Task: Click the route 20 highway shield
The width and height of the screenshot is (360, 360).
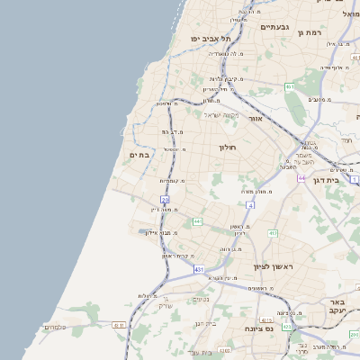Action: pos(165,199)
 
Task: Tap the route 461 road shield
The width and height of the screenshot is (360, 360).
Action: pos(289,86)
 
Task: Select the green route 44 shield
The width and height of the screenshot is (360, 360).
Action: pos(196,221)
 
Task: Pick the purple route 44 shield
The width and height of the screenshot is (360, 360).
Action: pos(301,178)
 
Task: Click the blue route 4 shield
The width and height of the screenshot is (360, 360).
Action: pos(251,205)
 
